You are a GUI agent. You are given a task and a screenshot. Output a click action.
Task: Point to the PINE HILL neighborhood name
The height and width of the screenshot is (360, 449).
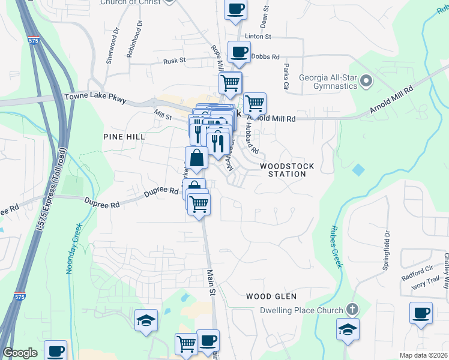[x=124, y=137]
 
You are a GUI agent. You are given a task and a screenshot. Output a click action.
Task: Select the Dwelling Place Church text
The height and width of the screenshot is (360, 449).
[x=301, y=310]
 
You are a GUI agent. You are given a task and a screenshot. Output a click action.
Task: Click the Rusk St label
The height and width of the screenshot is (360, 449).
[x=175, y=61]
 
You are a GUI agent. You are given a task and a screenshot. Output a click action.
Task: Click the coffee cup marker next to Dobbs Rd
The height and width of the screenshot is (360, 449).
[x=239, y=53]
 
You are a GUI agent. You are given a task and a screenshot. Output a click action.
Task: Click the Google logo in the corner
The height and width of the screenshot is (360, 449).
[x=20, y=353]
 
